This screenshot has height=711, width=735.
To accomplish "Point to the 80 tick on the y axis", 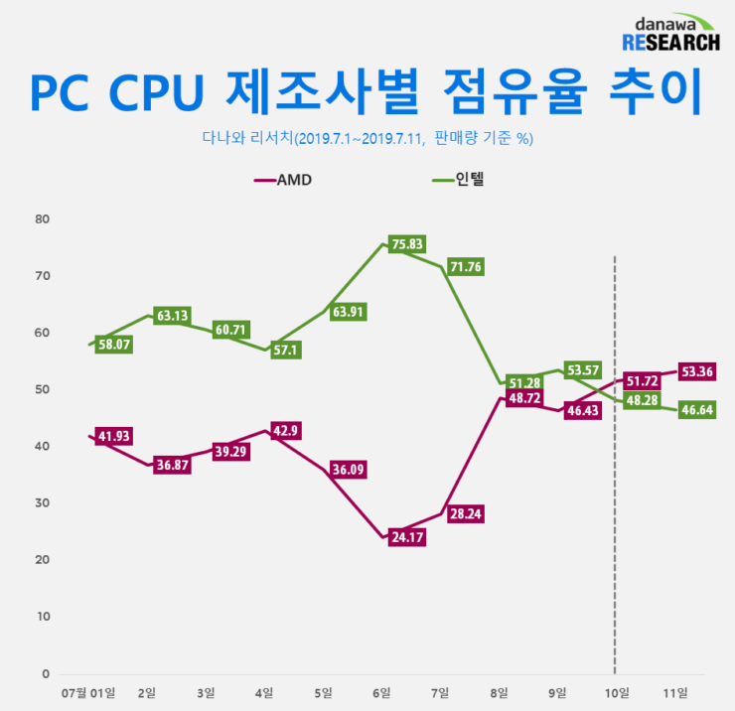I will (x=41, y=218).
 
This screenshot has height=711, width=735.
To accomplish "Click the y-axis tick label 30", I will (x=41, y=503).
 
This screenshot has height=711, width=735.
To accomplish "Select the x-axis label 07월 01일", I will (x=89, y=691).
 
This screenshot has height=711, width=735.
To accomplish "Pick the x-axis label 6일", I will (x=381, y=691).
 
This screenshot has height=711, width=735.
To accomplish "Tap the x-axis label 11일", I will (x=674, y=691).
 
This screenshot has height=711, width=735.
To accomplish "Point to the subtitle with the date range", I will (x=367, y=139).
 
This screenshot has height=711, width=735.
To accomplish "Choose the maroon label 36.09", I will (x=349, y=469).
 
